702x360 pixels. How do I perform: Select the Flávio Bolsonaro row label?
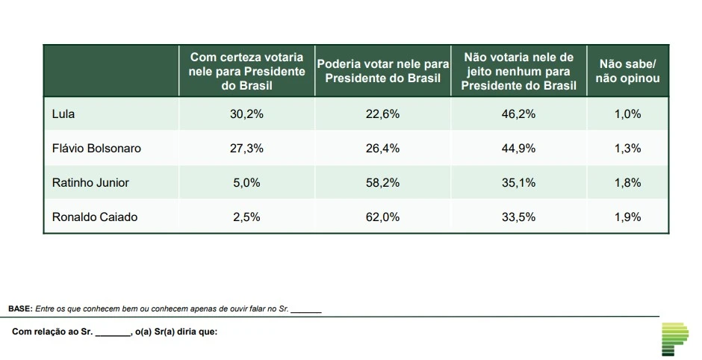96,148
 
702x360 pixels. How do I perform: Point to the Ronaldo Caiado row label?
95,217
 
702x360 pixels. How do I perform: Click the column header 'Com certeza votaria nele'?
246,71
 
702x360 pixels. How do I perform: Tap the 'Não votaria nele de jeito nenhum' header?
518,71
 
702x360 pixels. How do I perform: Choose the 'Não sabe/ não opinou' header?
627,71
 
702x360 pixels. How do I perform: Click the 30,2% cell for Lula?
246,114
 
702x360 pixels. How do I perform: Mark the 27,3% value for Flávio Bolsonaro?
246,148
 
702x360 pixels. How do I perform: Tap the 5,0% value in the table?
246,182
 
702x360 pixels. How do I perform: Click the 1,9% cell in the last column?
627,217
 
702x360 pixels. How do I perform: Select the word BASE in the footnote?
19,308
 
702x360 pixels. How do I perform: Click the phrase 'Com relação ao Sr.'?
52,332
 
